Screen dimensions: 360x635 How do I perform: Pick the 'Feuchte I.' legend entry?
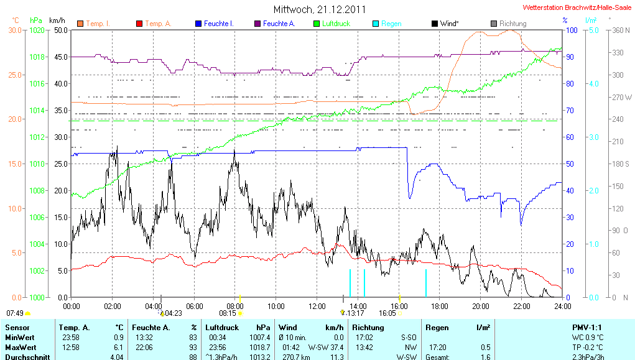(x=219, y=24)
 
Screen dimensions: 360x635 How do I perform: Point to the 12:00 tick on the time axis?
(x=317, y=305)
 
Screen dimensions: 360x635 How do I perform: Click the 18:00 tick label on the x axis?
(x=439, y=305)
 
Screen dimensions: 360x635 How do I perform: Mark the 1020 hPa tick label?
(x=37, y=30)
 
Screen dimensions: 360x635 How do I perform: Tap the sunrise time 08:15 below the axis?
(x=228, y=313)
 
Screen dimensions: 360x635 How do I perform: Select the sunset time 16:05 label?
(x=387, y=313)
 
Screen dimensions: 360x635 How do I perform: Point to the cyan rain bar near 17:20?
(x=426, y=283)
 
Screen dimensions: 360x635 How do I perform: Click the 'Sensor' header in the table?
(x=17, y=327)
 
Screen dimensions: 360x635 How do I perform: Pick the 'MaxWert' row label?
(x=19, y=347)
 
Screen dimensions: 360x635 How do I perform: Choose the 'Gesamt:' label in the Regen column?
(x=438, y=357)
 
